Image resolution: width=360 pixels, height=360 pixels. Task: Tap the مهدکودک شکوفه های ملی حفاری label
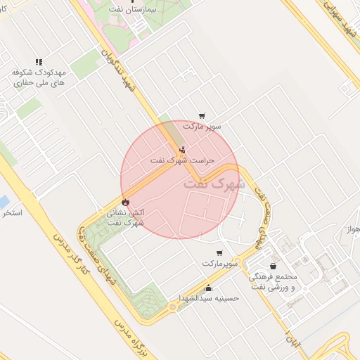[x=39, y=77]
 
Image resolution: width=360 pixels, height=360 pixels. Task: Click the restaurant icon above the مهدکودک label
[x=39, y=62]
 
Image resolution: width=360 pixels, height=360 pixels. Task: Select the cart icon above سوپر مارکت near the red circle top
[x=202, y=116]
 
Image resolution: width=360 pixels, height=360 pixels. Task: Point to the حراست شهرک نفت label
[x=182, y=160]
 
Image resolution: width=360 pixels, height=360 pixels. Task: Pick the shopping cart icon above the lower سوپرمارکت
[x=219, y=253]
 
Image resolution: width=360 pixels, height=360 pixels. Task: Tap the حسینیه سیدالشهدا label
[x=209, y=297]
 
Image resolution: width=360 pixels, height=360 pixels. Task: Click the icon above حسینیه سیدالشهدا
[x=208, y=287]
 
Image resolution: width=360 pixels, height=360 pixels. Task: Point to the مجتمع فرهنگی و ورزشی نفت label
[x=274, y=281]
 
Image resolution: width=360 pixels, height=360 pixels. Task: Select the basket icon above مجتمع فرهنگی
[x=273, y=266]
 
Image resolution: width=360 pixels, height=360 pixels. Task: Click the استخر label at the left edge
[x=12, y=212]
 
